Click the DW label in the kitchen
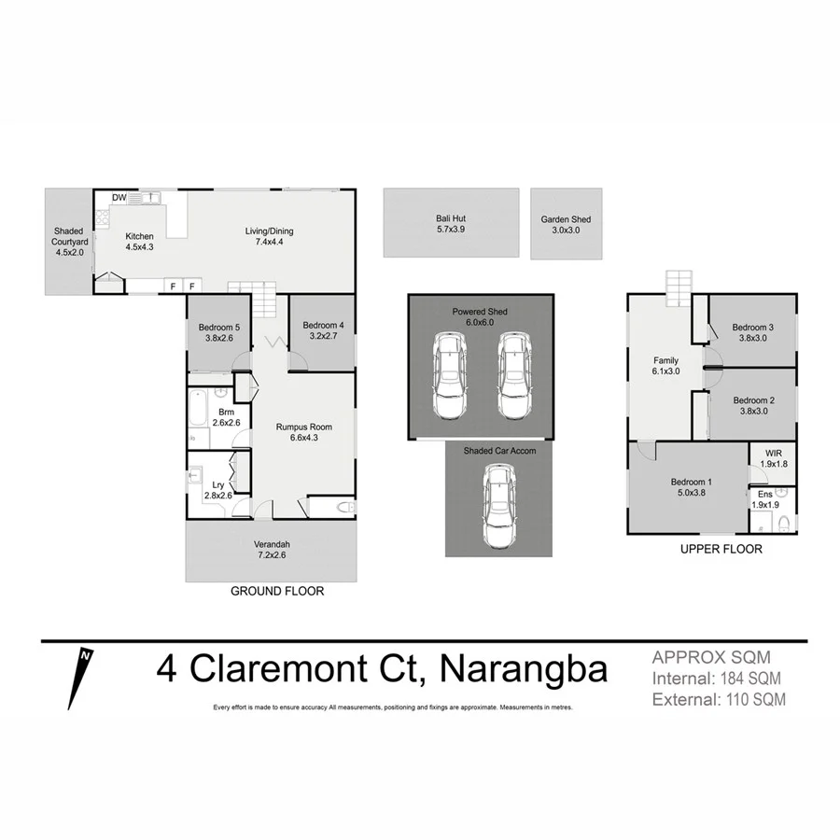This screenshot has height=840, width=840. [119, 198]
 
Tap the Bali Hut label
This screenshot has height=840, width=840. [450, 219]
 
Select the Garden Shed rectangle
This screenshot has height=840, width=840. [566, 224]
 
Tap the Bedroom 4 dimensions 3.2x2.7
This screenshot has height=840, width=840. [323, 337]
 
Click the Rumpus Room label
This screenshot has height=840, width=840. [304, 427]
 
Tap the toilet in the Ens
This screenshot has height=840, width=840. [785, 520]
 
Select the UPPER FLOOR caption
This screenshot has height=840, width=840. [722, 550]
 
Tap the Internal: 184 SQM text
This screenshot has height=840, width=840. [717, 678]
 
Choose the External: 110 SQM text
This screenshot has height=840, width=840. [718, 698]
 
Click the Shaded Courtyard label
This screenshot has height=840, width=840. [68, 241]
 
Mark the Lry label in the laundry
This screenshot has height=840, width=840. [217, 484]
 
